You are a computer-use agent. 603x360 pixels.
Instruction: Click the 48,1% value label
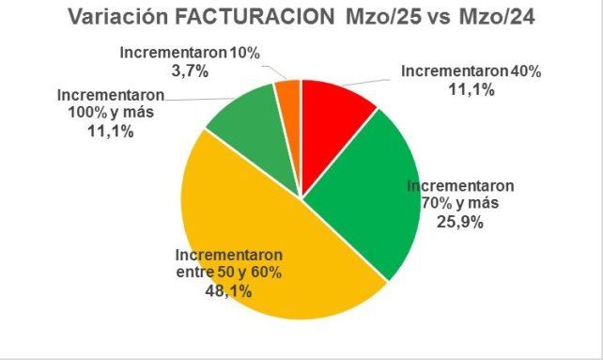(227, 290)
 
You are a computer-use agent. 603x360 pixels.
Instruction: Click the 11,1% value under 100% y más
(110, 132)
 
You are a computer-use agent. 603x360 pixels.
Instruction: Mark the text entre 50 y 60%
(228, 273)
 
